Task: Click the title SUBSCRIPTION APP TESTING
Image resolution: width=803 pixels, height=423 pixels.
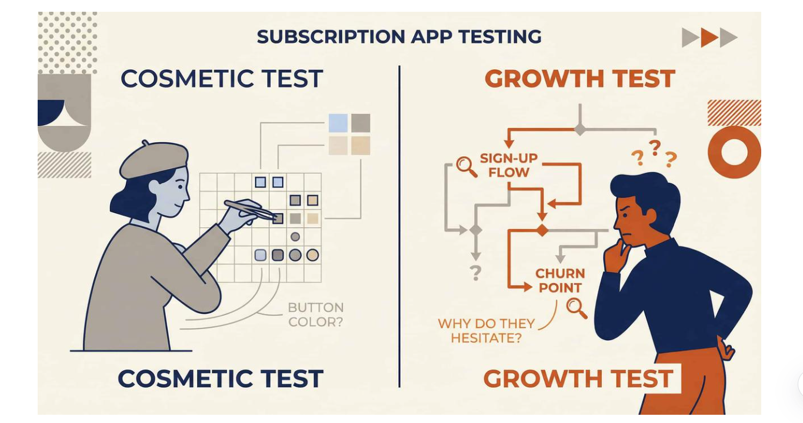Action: point(399,37)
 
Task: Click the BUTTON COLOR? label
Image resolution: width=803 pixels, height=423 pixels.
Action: point(315,314)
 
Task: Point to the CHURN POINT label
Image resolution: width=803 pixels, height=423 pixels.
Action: point(559,280)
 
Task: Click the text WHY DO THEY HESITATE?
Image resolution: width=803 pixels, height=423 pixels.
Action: point(486,331)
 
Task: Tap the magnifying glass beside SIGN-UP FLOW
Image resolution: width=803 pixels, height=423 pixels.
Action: point(467,166)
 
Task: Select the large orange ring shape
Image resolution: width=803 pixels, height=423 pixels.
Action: point(734,152)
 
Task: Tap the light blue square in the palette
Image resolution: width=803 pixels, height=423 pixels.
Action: point(338,123)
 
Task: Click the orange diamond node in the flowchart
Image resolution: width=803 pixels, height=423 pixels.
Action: point(541,230)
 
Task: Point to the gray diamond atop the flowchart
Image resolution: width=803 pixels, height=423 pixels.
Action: point(580,129)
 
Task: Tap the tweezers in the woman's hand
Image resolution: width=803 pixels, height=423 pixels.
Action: point(250,209)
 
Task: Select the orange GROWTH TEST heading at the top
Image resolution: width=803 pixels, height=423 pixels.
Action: point(579,79)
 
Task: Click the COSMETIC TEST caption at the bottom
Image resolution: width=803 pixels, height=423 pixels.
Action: point(220,379)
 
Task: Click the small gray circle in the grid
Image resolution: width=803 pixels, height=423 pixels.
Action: point(295,237)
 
